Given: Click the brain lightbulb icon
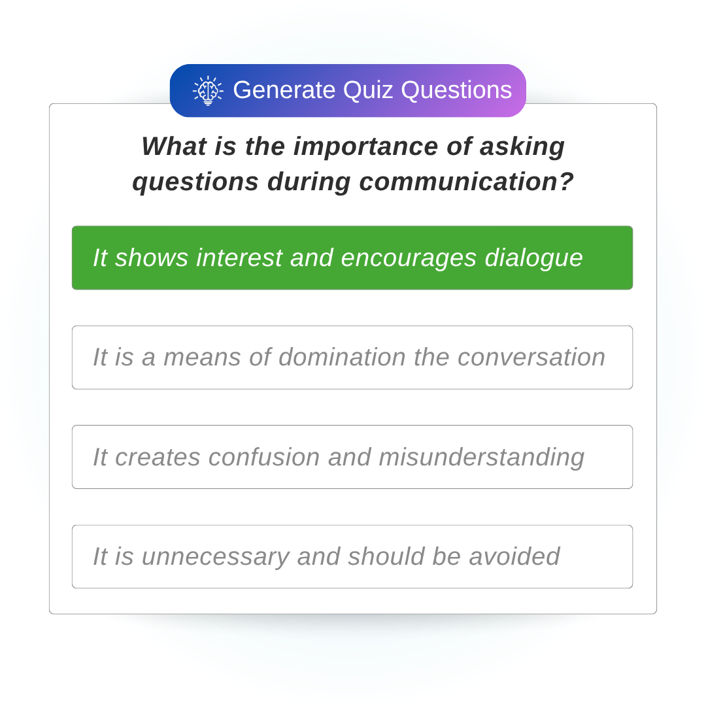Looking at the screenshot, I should coord(208,90).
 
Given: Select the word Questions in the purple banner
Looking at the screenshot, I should coord(456,90).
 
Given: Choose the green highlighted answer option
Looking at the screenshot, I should coord(352,258).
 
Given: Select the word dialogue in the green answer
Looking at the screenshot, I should coord(533,258).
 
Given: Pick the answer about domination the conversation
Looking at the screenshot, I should coord(352,358).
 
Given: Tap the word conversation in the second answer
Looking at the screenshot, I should coord(531,358).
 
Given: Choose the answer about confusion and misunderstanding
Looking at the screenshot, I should coord(352,457).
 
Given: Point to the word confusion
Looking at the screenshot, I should coord(264,457).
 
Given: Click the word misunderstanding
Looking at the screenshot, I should coord(481,457).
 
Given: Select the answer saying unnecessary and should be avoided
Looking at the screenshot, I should coord(352,557).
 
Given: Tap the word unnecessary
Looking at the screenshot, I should coord(215,557).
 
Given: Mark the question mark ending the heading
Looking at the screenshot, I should coord(566,182).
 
